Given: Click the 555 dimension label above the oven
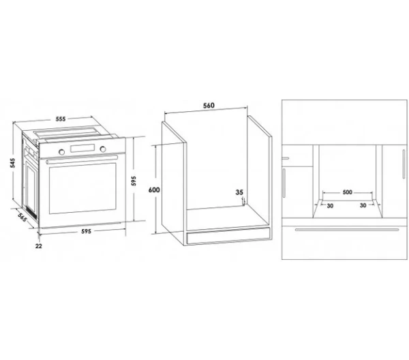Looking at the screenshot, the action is tap(61, 119).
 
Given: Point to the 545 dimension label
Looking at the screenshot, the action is tap(12, 163).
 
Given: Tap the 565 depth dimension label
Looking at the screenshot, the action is tap(22, 217).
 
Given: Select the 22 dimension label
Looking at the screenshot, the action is tap(39, 245).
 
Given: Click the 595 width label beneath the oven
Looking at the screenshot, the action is tap(86, 231).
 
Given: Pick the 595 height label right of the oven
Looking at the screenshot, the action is tap(134, 181).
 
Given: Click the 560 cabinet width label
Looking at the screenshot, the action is tap(209, 106).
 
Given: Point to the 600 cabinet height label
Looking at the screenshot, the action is tap(154, 190).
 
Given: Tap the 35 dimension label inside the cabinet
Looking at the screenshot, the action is tap(239, 192).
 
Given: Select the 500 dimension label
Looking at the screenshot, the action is tap(348, 192).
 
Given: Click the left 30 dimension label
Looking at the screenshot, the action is tap(330, 206).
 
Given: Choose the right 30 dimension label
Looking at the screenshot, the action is tap(363, 205).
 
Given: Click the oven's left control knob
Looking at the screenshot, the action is tap(62, 152).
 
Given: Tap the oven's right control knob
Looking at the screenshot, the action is tap(103, 149).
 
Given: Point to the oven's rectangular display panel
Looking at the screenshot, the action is tap(82, 148).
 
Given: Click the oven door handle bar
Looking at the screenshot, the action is tap(82, 160).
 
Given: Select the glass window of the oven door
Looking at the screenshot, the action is tap(82, 188).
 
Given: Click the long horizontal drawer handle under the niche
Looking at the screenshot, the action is tap(347, 230).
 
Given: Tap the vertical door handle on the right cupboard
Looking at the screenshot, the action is tap(404, 164).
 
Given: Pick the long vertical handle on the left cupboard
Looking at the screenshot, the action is tap(284, 183).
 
